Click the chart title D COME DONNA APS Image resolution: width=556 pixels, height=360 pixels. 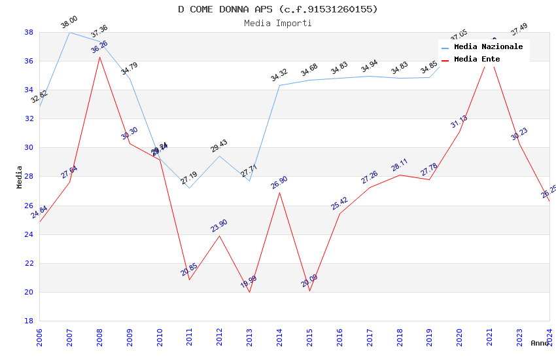coord(277,9)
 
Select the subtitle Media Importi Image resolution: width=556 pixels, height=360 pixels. coord(277,23)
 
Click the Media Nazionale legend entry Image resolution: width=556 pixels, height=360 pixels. coord(488,47)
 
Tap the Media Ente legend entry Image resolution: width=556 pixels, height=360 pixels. coord(476,60)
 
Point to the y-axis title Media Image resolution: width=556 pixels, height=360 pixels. coord(20,177)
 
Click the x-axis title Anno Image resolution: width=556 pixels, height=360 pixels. coord(540,343)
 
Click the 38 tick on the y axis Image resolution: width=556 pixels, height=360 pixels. coord(29,32)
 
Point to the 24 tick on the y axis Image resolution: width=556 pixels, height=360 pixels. coord(29,234)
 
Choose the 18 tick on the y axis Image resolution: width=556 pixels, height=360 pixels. coord(29,321)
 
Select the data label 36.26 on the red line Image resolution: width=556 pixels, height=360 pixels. coord(99,47)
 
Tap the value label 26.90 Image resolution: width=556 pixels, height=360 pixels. coord(279,183)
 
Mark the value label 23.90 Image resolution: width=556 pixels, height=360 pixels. coord(219,226)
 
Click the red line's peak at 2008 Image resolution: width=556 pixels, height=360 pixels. coord(99,57)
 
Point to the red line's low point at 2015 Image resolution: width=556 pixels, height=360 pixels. coord(309,291)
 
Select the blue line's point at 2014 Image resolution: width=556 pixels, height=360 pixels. coord(280,85)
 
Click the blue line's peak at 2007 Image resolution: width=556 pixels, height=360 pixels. coord(69,32)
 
